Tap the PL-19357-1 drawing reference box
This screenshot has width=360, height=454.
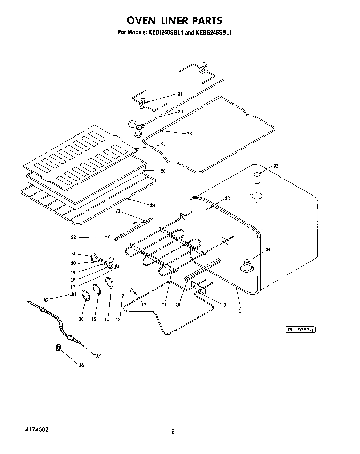300,330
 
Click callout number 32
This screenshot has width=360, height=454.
276,166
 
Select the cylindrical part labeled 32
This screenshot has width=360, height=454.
256,179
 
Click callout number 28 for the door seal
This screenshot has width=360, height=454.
189,134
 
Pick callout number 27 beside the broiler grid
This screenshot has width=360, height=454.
163,145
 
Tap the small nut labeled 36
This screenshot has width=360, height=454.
58,348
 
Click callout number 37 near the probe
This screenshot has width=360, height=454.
98,356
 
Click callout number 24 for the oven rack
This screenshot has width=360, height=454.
153,205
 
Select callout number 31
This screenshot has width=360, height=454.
180,94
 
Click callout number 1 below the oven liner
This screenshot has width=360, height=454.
240,312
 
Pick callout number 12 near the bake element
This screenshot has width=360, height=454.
144,305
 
